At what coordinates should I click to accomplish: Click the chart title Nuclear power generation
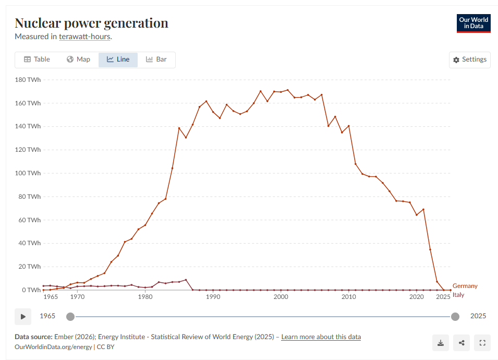pyautogui.click(x=91, y=23)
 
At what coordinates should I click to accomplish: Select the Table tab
pyautogui.click(x=37, y=59)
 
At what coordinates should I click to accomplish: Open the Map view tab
pyautogui.click(x=78, y=59)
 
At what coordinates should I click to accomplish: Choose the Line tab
pyautogui.click(x=118, y=59)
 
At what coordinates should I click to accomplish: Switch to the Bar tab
pyautogui.click(x=156, y=59)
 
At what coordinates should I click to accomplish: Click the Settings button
pyautogui.click(x=469, y=59)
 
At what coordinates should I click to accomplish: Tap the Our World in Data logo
pyautogui.click(x=473, y=23)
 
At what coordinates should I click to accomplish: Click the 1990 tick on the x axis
pyautogui.click(x=213, y=297)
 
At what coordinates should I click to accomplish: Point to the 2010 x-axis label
pyautogui.click(x=348, y=297)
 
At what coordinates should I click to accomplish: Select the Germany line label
pyautogui.click(x=465, y=286)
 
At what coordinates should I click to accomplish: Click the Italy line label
pyautogui.click(x=458, y=295)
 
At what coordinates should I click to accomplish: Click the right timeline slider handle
pyautogui.click(x=455, y=316)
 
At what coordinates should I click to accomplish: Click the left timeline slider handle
pyautogui.click(x=70, y=316)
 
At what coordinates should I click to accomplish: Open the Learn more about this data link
pyautogui.click(x=321, y=337)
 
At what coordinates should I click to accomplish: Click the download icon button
pyautogui.click(x=441, y=343)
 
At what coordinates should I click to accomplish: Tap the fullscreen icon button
pyautogui.click(x=482, y=343)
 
